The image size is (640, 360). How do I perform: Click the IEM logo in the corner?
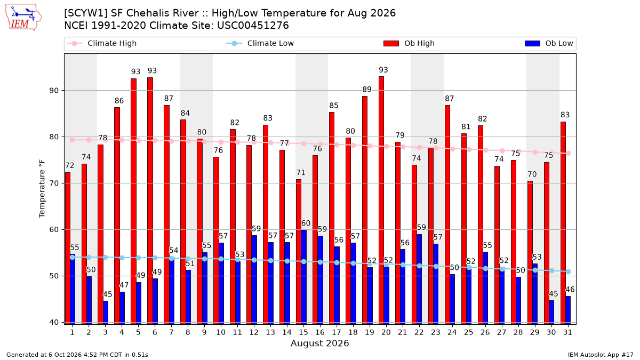pyautogui.click(x=23, y=18)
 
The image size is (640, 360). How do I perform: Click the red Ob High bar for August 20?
pyautogui.click(x=381, y=201)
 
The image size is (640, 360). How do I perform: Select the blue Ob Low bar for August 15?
pyautogui.click(x=303, y=277)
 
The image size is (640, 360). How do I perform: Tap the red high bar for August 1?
pyautogui.click(x=68, y=249)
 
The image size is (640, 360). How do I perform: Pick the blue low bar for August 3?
pyautogui.click(x=106, y=313)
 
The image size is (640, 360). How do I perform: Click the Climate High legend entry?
pyautogui.click(x=102, y=43)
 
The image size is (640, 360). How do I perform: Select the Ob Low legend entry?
pyautogui.click(x=549, y=43)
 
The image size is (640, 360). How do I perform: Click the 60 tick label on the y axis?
pyautogui.click(x=54, y=230)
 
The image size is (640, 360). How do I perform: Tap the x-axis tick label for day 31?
pyautogui.click(x=567, y=332)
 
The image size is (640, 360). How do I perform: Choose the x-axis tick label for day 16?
pyautogui.click(x=320, y=332)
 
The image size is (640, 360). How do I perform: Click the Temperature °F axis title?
pyautogui.click(x=42, y=189)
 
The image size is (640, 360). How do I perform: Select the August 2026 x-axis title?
pyautogui.click(x=319, y=343)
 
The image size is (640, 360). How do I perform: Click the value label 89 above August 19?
pyautogui.click(x=367, y=90)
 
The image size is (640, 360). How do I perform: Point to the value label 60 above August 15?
pyautogui.click(x=306, y=223)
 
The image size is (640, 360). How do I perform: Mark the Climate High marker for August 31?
pyautogui.click(x=569, y=154)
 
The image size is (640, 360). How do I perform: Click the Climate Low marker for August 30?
pyautogui.click(x=551, y=270)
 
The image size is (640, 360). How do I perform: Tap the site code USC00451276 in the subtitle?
pyautogui.click(x=253, y=26)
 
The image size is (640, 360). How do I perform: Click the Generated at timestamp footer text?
pyautogui.click(x=77, y=355)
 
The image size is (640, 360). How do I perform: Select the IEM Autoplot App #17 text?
pyautogui.click(x=601, y=355)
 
